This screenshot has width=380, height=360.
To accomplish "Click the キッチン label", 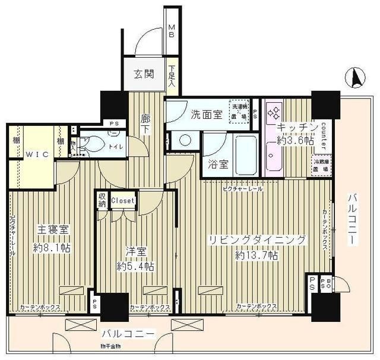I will [x=292, y=127].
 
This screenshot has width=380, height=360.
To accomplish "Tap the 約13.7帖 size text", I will [x=256, y=255].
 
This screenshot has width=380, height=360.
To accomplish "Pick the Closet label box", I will [x=123, y=201].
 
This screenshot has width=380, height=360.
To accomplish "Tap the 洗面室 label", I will [x=206, y=114].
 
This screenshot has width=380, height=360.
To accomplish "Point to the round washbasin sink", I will [x=184, y=141].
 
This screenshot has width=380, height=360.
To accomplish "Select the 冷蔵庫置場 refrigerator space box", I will [x=322, y=164].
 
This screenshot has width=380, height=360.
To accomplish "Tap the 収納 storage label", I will [x=102, y=200].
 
